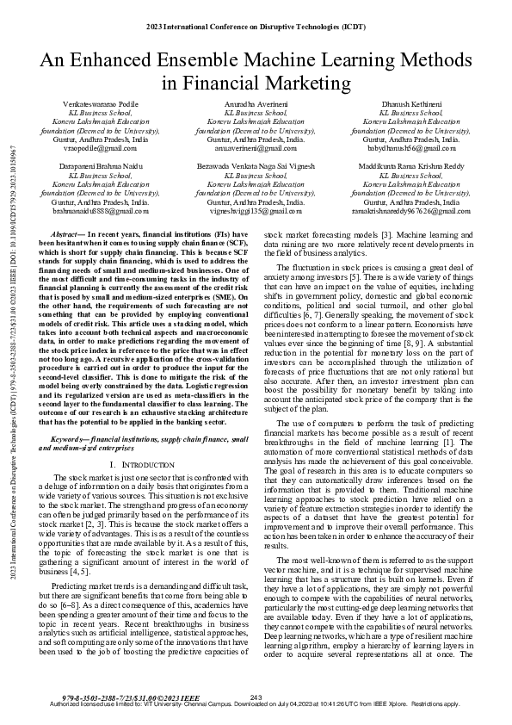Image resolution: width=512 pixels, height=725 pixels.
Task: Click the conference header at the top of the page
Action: (x=256, y=28)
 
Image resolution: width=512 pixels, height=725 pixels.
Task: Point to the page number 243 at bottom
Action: (x=256, y=697)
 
